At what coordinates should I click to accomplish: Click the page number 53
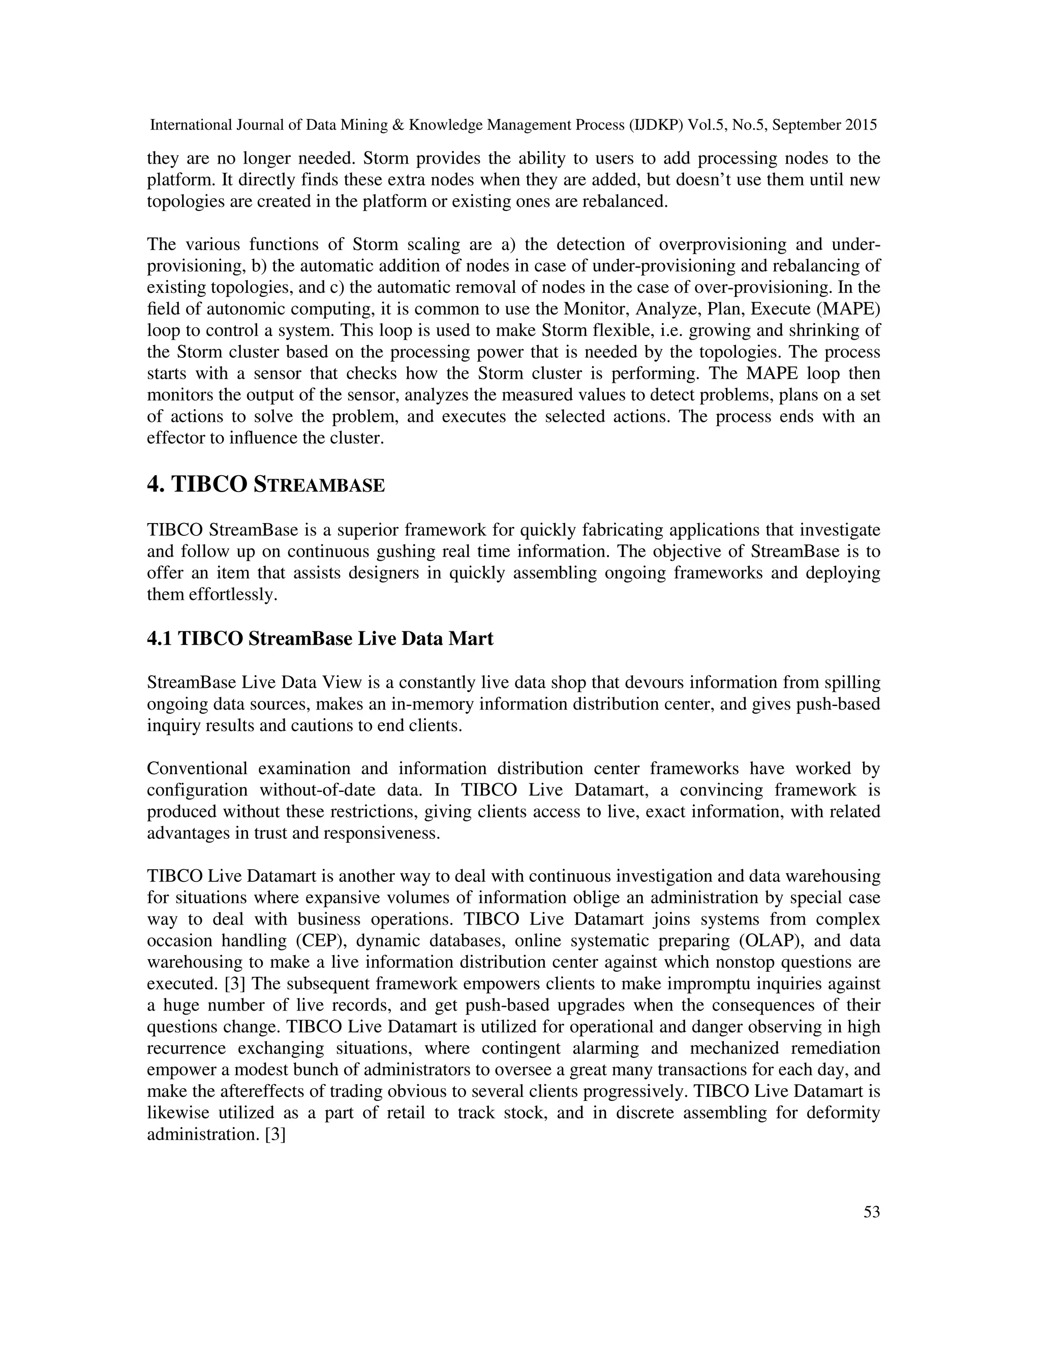[871, 1212]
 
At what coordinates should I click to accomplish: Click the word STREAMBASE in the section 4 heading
[319, 485]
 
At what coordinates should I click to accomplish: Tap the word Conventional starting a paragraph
[197, 769]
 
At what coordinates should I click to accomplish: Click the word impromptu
[702, 984]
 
